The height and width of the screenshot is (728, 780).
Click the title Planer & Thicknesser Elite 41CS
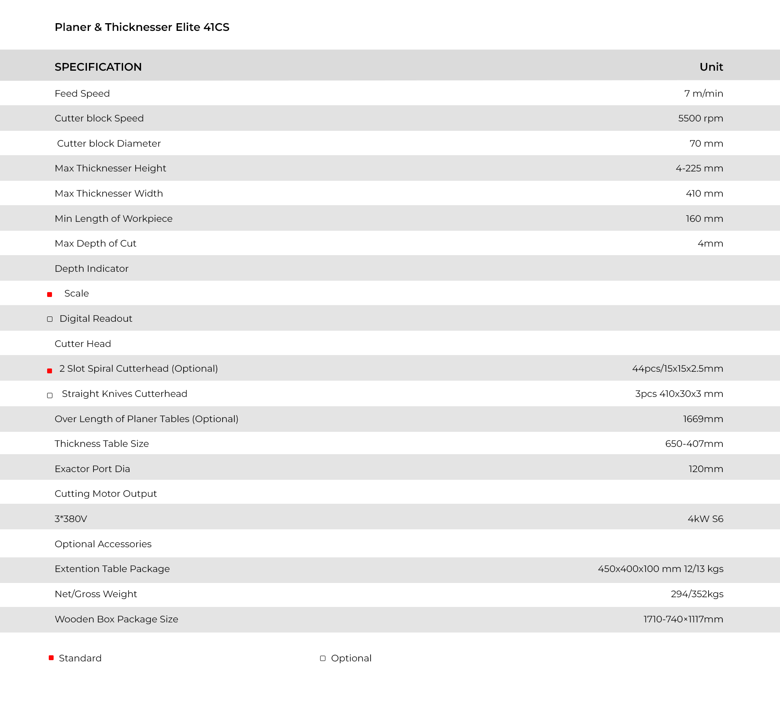(x=142, y=27)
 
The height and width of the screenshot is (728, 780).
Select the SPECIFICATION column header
(x=98, y=67)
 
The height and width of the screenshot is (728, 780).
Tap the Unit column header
(x=711, y=67)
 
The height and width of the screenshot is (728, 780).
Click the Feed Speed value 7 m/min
(x=703, y=93)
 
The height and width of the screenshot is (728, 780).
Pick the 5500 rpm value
(x=700, y=118)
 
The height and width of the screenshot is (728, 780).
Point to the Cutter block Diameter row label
(x=108, y=143)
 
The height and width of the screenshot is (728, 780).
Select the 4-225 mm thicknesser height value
(x=699, y=168)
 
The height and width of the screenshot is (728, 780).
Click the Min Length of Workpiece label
(x=113, y=219)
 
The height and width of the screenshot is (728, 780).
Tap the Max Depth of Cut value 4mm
(x=710, y=243)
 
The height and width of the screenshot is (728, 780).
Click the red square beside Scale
(x=50, y=295)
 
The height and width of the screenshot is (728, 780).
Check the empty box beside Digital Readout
(x=50, y=319)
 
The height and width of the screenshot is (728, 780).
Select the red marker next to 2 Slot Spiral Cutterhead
(x=50, y=370)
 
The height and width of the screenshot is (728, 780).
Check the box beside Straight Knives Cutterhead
(x=50, y=395)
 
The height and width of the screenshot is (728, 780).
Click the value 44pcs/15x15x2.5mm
(x=677, y=368)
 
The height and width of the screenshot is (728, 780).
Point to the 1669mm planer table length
(x=703, y=419)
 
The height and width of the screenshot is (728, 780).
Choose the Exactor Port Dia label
(x=92, y=469)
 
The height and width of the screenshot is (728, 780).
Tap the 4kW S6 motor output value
(x=705, y=519)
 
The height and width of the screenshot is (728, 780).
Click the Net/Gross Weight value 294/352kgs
(x=697, y=594)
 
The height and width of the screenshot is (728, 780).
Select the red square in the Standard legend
(x=51, y=658)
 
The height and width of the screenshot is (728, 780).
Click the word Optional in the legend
(x=351, y=658)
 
